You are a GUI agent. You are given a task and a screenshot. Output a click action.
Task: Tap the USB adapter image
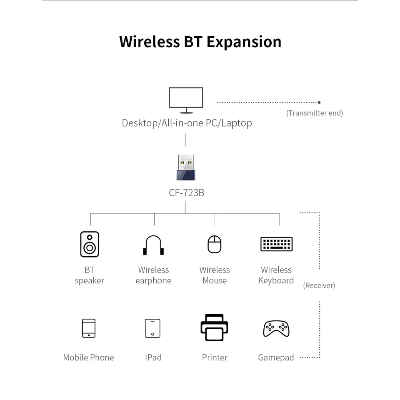click(x=186, y=167)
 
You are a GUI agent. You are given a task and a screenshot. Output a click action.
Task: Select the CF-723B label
click(x=186, y=193)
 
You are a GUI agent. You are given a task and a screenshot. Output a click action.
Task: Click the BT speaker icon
click(x=90, y=244)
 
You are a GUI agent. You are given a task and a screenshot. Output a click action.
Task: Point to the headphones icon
click(x=153, y=245)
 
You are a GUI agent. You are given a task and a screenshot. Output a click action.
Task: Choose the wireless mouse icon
click(x=215, y=244)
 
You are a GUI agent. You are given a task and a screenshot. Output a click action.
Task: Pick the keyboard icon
click(x=276, y=244)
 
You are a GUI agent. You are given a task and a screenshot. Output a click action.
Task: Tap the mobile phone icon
click(x=89, y=328)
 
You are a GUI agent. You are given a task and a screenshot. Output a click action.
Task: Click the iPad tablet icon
click(x=153, y=328)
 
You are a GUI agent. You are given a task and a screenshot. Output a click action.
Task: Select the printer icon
click(x=214, y=327)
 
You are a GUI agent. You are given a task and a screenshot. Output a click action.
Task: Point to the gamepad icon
click(x=276, y=328)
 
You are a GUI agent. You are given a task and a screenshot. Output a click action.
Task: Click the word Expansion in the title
click(x=244, y=42)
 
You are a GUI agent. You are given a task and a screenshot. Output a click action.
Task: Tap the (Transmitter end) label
click(x=315, y=113)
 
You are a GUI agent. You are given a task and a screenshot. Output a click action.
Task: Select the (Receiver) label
click(x=319, y=285)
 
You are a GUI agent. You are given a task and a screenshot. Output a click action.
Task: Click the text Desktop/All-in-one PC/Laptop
click(x=187, y=123)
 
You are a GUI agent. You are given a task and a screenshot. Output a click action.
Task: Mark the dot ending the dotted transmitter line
click(x=319, y=102)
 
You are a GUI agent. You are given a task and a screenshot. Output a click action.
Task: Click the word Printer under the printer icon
click(x=215, y=357)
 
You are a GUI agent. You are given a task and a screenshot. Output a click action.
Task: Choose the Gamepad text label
click(x=276, y=357)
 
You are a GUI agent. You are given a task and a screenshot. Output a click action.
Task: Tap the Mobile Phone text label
click(x=88, y=357)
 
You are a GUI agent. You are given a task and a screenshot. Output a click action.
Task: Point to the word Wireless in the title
click(x=149, y=42)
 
